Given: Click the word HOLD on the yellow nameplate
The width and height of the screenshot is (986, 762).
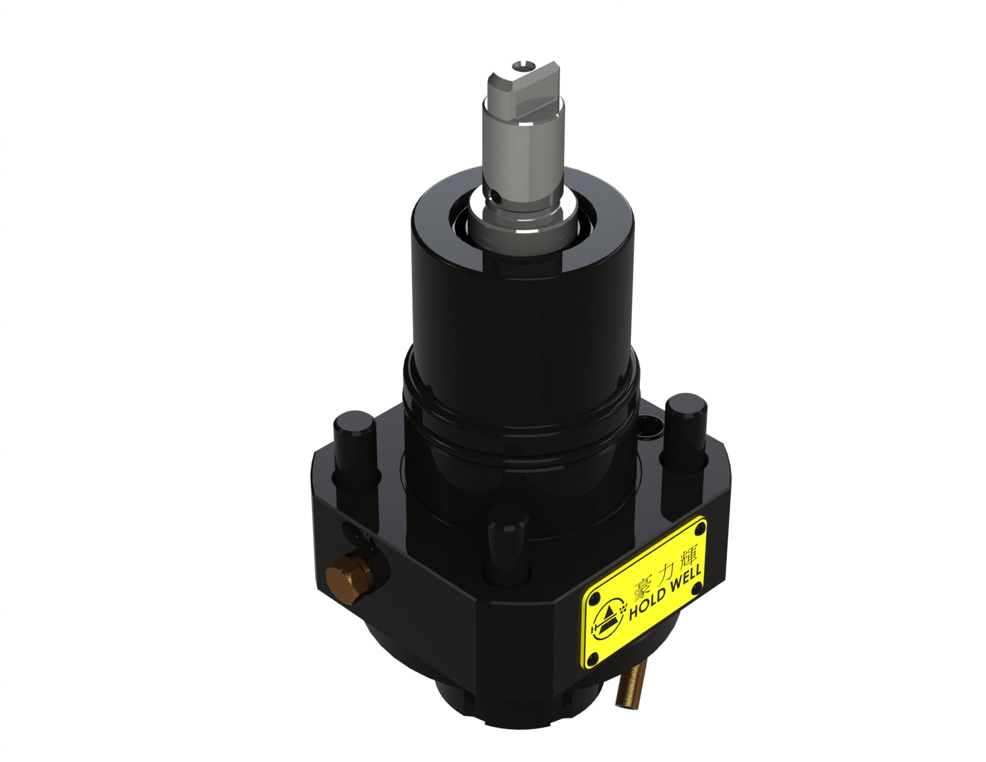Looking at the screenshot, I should [649, 604].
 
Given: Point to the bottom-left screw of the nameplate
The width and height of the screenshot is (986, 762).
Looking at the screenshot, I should [596, 654].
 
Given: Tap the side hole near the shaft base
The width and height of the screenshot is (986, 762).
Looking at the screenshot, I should [496, 197].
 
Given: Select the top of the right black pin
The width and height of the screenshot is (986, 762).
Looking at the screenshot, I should [685, 404].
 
